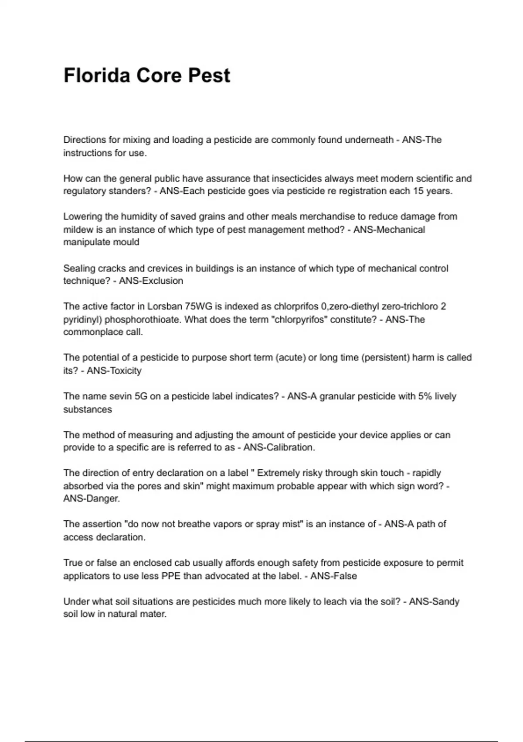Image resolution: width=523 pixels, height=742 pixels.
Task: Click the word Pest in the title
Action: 209,76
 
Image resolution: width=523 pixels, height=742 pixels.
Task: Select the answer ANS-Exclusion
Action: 151,281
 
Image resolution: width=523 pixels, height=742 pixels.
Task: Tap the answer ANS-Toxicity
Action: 114,371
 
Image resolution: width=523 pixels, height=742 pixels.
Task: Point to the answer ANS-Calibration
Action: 278,448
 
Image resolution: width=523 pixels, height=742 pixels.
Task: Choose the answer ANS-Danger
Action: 92,498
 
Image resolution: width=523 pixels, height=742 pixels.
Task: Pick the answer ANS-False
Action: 333,576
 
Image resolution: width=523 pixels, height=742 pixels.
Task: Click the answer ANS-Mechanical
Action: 389,230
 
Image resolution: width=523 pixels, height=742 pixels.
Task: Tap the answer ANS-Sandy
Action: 434,602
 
